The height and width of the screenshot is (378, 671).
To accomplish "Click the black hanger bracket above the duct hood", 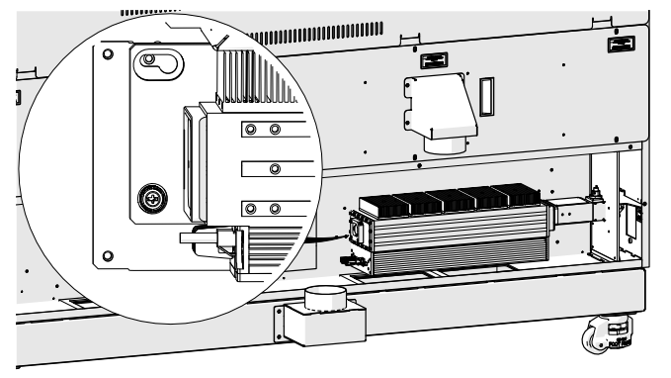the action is coord(433,61).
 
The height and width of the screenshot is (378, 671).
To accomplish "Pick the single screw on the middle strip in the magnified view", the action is coord(274,168).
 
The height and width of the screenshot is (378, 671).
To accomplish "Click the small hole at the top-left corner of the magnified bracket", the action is coord(108,49).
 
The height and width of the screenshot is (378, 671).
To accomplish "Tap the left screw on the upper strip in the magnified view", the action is coord(251,130).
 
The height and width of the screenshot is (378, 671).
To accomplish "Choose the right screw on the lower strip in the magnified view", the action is coord(275,208).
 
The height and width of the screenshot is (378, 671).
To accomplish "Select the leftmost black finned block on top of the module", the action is coord(387,204).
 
